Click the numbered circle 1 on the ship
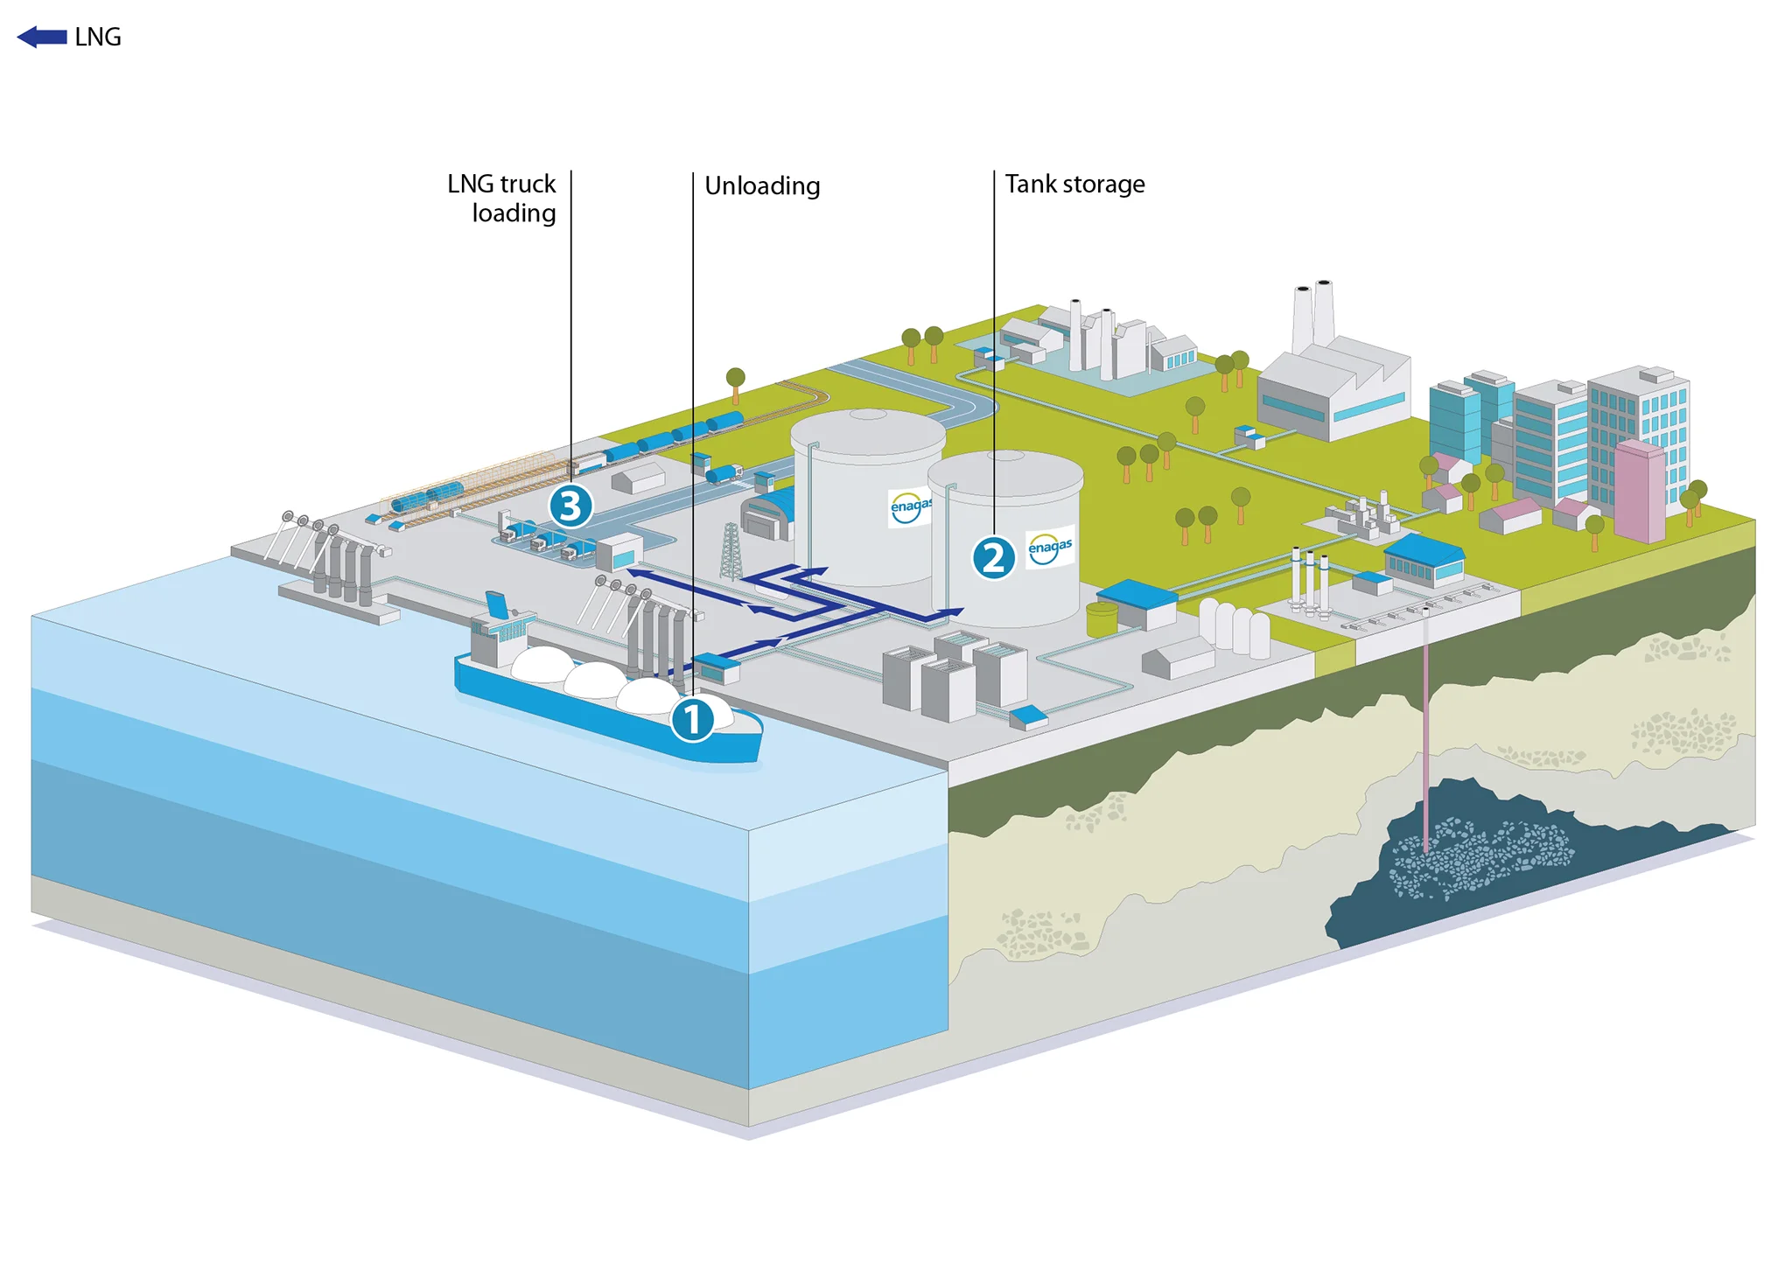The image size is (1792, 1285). click(x=692, y=720)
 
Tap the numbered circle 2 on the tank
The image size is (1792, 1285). click(x=993, y=557)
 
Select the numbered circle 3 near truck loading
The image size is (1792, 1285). click(x=570, y=506)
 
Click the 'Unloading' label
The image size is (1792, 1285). click(x=762, y=185)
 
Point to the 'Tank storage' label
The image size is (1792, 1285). click(x=1074, y=184)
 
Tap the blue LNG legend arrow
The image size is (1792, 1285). click(x=42, y=37)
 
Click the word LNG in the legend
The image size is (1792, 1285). click(x=98, y=37)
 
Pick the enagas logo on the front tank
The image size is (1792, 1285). click(x=1050, y=547)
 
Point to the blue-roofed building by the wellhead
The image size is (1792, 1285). click(x=1424, y=560)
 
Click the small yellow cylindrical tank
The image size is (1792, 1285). click(x=1102, y=618)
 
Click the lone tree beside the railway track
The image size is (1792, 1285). click(x=736, y=384)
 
